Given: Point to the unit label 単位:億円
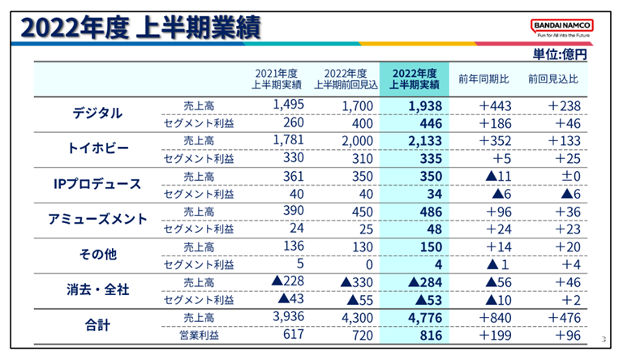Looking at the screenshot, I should (559, 54).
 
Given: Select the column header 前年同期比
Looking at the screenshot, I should (483, 79).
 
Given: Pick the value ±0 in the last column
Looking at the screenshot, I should (562, 175).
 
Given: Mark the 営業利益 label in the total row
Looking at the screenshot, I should (199, 334).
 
